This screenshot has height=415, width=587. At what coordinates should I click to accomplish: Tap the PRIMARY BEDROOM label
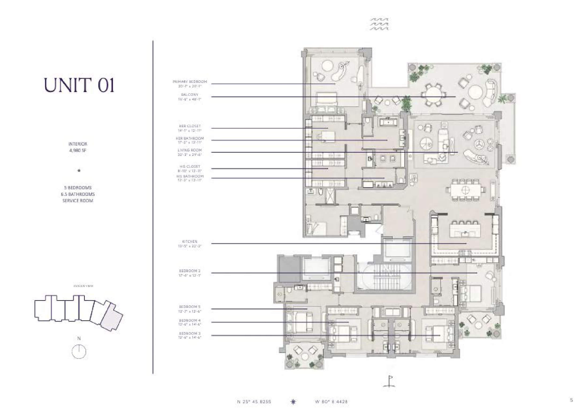tap(190, 82)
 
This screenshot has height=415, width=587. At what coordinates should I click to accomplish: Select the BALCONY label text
tap(190, 95)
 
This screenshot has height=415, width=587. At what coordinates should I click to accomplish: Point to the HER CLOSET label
tap(190, 126)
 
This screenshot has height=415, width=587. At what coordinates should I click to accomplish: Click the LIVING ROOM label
tap(190, 150)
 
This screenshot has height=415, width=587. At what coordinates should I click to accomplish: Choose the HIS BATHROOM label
tap(190, 176)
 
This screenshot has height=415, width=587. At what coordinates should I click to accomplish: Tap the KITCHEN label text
tap(190, 242)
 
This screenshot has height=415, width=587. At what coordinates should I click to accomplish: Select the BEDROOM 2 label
tap(190, 271)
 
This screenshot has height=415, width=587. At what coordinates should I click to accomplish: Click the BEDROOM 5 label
tap(190, 307)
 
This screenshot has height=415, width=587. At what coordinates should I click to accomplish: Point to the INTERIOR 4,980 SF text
tap(78, 147)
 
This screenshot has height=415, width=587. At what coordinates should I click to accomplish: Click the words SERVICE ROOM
tap(78, 201)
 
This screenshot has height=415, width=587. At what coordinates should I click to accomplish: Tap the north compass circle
tap(79, 352)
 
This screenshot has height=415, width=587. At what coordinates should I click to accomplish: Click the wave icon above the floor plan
tap(380, 24)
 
